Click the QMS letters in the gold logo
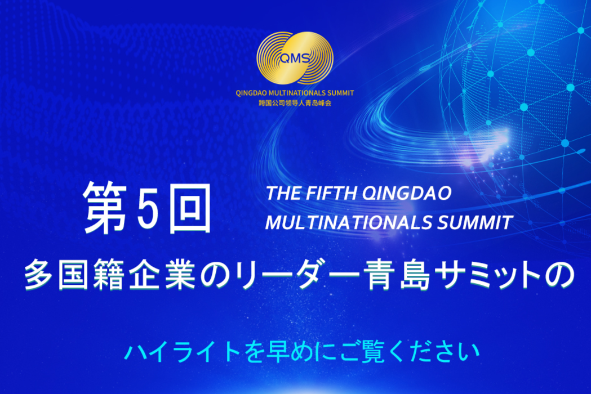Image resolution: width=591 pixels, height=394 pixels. pos(295,58)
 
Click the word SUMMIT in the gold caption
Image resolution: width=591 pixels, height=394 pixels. pos(341,93)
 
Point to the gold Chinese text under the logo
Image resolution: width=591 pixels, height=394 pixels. pos(295,103)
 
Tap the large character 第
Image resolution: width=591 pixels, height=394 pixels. pos(105,207)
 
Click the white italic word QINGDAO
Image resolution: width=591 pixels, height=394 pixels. pos(407,194)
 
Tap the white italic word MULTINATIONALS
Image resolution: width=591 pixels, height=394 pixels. pos(349,222)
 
